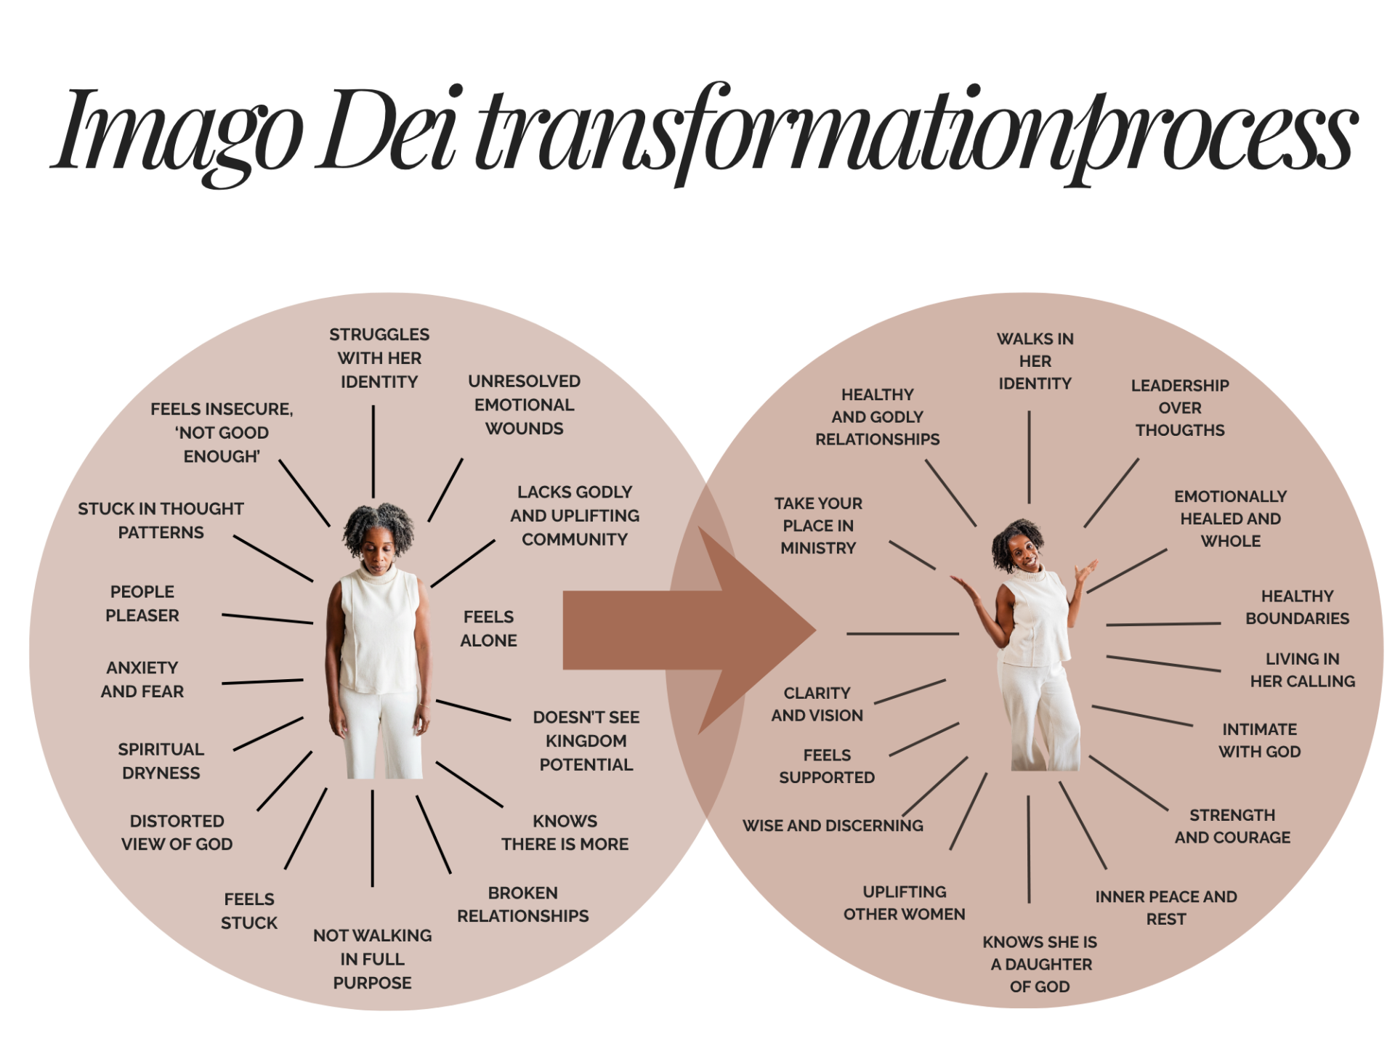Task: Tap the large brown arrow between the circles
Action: click(x=690, y=631)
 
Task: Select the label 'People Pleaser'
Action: click(x=142, y=604)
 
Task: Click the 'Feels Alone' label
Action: click(x=489, y=628)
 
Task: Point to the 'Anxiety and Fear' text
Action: click(x=142, y=679)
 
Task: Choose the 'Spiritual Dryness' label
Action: click(x=161, y=761)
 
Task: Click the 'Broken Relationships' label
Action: click(x=523, y=904)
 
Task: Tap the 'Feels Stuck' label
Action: click(x=249, y=911)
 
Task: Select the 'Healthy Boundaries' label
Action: click(x=1298, y=607)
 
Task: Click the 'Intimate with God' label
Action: click(x=1260, y=740)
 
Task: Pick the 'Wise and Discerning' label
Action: click(x=833, y=825)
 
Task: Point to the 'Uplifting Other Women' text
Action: click(x=905, y=903)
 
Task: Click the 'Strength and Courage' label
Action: click(x=1233, y=826)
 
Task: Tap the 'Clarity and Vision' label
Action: click(x=817, y=704)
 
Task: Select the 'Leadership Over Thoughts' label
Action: click(x=1180, y=408)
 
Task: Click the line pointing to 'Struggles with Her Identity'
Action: click(x=373, y=451)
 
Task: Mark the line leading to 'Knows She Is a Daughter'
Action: click(x=1029, y=849)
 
